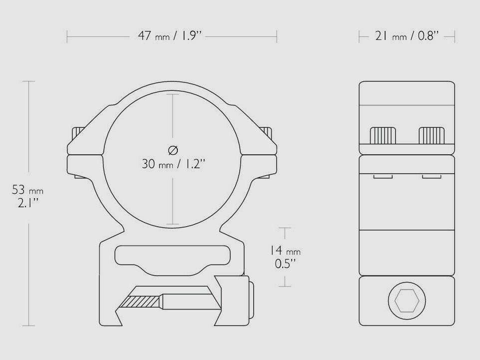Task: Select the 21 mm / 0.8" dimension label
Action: pyautogui.click(x=407, y=36)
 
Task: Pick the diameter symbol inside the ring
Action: pyautogui.click(x=173, y=149)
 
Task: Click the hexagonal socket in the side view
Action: pyautogui.click(x=407, y=301)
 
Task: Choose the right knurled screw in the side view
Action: pyautogui.click(x=432, y=135)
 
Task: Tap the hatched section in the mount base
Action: pyautogui.click(x=143, y=302)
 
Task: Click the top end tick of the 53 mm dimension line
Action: pyautogui.click(x=28, y=81)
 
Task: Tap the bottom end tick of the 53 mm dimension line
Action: pyautogui.click(x=28, y=325)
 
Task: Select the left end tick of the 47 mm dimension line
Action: pyautogui.click(x=67, y=36)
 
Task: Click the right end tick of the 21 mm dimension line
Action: pyautogui.click(x=455, y=36)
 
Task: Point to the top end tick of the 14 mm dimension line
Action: pyautogui.click(x=285, y=227)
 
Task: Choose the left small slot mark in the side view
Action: pyautogui.click(x=383, y=176)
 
